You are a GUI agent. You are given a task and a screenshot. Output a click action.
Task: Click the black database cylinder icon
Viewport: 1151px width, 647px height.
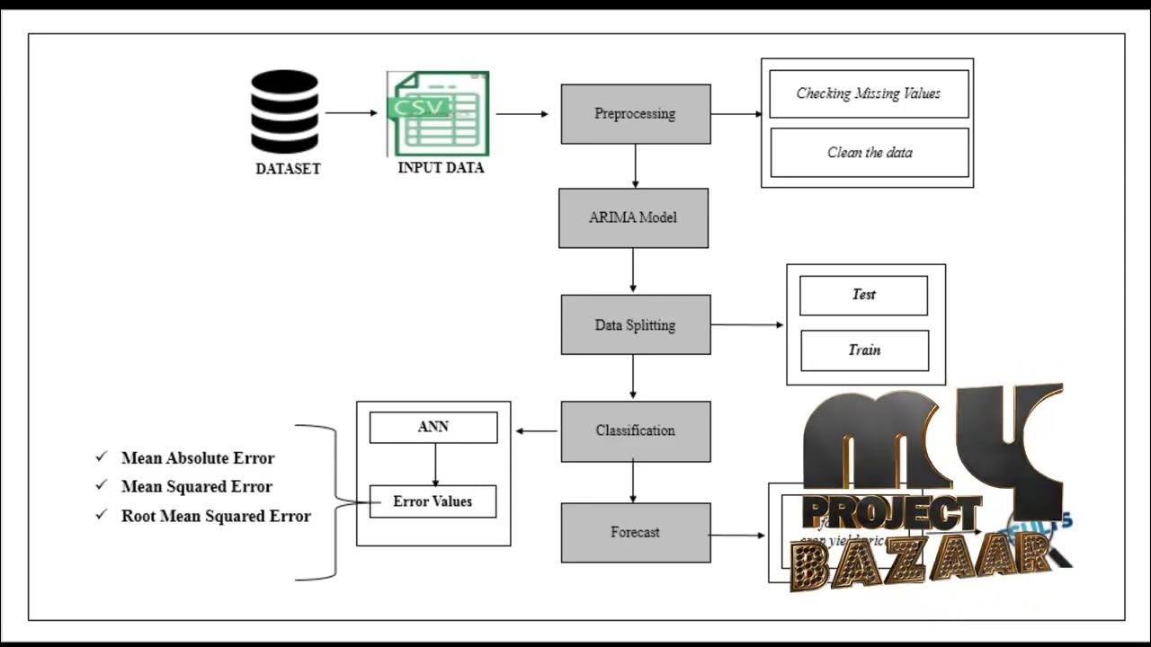coord(284,111)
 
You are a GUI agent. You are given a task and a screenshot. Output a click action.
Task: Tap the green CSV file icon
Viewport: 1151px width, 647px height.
coord(438,114)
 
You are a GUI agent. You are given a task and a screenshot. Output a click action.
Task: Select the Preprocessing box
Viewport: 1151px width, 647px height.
coord(636,114)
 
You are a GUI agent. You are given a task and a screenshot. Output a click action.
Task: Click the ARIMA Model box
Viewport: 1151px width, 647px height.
coord(633,217)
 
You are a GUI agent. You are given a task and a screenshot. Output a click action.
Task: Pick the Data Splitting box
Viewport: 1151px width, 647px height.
coord(635,324)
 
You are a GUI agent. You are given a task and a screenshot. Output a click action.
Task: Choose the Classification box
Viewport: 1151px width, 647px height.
coord(635,431)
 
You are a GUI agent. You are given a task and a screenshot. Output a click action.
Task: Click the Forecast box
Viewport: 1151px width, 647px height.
coord(635,532)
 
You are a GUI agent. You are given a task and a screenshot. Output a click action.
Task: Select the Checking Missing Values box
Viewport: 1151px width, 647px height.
coord(869,93)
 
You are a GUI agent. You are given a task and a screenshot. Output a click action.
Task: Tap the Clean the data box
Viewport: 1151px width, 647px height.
coord(869,153)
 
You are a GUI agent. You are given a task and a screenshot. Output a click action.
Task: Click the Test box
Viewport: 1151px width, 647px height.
coord(863,295)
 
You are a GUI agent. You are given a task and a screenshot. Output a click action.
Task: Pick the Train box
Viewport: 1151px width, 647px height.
coord(864,350)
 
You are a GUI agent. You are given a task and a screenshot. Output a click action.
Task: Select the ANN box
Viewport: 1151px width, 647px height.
coord(433,427)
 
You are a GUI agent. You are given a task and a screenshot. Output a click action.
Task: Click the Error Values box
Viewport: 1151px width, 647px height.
coord(433,501)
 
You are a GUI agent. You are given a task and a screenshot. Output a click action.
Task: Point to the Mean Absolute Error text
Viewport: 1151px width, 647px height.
coord(198,458)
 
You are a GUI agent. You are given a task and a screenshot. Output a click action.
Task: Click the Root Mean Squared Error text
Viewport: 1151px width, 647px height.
coord(216,517)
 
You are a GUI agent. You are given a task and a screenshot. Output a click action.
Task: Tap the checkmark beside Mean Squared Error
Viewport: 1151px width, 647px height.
coord(101,486)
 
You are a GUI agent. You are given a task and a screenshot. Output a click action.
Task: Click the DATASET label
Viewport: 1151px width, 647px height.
coord(288,169)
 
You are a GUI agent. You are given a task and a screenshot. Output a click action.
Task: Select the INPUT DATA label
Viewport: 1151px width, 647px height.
coord(441,168)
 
